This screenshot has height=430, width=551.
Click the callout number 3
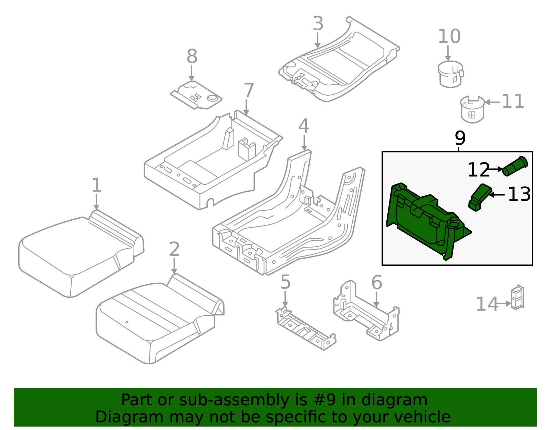pos(318,24)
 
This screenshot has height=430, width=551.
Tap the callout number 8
pos(192,56)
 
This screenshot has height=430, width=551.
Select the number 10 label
pos(449,36)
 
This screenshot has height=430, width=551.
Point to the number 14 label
pos(487,304)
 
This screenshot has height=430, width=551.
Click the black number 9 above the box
pos(460,138)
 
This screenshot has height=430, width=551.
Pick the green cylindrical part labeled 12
pos(514,167)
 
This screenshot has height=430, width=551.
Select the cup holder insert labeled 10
pos(450,74)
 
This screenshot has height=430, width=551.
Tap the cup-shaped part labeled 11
pos(472,109)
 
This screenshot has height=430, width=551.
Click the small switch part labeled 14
pos(517,297)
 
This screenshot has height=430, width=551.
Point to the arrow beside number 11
pos(492,102)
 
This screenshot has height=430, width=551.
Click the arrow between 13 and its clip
pos(497,195)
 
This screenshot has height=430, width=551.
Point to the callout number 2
pos(174,249)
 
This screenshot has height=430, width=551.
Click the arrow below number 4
pos(304,143)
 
